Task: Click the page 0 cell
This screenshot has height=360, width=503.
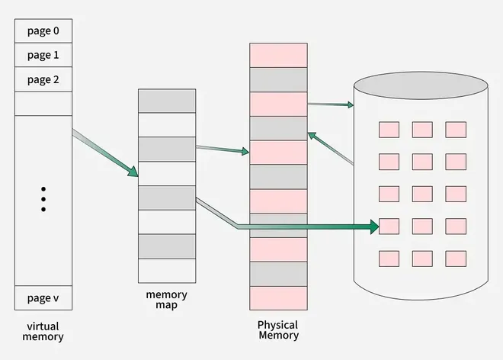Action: (x=43, y=31)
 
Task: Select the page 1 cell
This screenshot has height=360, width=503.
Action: (x=43, y=55)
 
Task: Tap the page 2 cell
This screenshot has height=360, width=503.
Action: (x=43, y=79)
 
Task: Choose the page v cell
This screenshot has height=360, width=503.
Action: (x=43, y=297)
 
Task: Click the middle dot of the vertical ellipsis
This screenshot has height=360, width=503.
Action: (x=43, y=198)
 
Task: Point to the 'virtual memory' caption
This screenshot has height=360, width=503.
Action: (x=43, y=331)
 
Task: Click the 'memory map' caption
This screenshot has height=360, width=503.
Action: (x=166, y=300)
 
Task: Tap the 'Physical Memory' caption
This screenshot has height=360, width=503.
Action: (x=278, y=330)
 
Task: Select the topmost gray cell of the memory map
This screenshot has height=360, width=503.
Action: (x=166, y=101)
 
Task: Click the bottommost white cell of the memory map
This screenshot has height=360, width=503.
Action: (x=166, y=270)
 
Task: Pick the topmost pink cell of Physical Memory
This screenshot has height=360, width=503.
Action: (x=278, y=55)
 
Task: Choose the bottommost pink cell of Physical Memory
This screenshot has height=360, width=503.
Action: (x=278, y=298)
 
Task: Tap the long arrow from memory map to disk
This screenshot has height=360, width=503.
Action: (x=305, y=226)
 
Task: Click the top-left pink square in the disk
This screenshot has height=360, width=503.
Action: (x=389, y=130)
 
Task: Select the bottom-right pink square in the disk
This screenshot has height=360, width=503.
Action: (x=456, y=258)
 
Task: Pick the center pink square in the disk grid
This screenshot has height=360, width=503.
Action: (x=422, y=194)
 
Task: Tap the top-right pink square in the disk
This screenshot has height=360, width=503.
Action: (x=456, y=130)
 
